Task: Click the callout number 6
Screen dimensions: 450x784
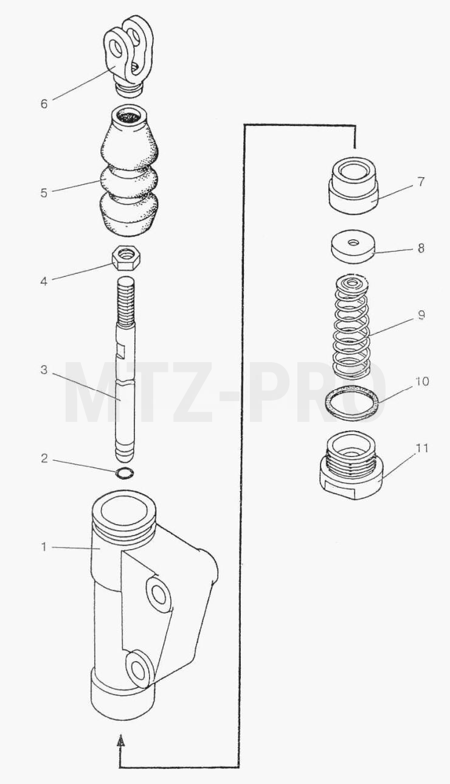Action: coord(44,104)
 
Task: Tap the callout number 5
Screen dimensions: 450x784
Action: coord(44,193)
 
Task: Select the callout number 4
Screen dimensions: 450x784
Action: coord(44,281)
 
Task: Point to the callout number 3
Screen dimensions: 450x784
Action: coord(44,370)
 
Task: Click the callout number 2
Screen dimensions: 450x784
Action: coord(44,458)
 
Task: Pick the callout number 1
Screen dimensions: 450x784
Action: coord(44,547)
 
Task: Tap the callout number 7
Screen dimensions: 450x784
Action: coord(421,181)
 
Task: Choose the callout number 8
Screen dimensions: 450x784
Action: coord(421,248)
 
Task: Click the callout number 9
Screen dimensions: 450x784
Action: coord(421,315)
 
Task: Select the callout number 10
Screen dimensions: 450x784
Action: coord(423,381)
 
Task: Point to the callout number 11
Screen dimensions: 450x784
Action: coord(421,447)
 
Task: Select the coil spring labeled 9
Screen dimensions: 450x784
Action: coord(351,326)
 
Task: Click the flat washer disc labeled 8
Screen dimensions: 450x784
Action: coord(353,247)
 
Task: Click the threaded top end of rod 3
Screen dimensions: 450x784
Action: coord(126,300)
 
